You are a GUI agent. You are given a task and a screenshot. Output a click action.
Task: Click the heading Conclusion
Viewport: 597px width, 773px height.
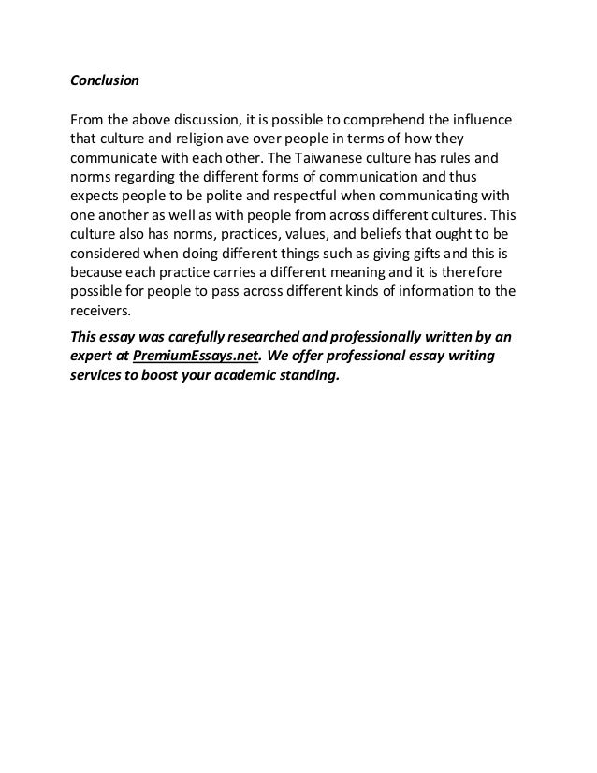point(105,80)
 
